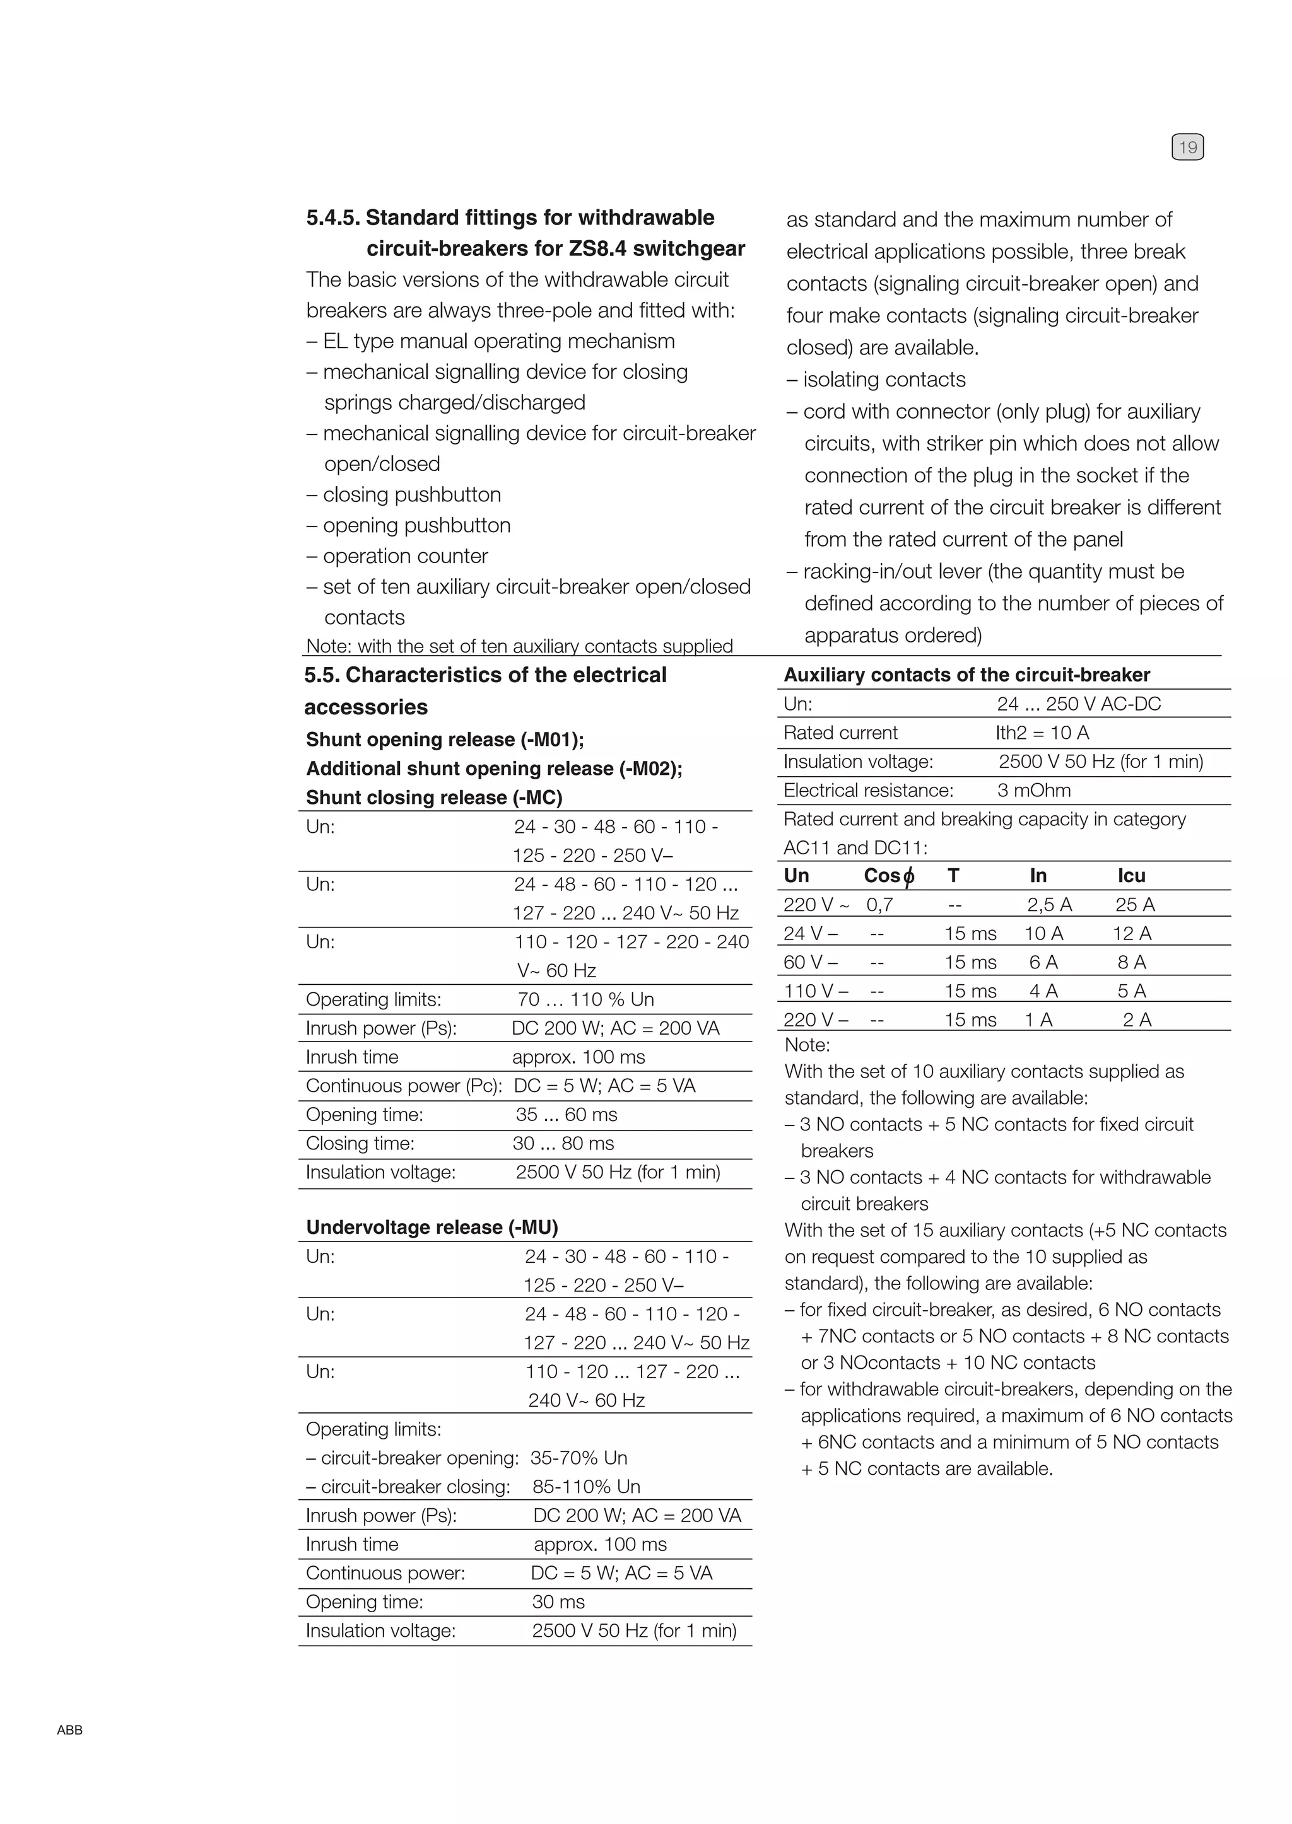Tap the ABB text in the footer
pos(69,1730)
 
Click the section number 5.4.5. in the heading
pos(333,218)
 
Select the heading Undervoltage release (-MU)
pos(432,1227)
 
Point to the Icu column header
pos(1130,875)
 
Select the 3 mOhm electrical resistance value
pos(1033,791)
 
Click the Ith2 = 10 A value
pos(1042,733)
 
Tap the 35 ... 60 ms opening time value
pos(566,1115)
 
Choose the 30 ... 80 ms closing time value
pos(563,1143)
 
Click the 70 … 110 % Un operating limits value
pos(585,999)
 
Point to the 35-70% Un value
pos(578,1458)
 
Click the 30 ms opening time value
pos(558,1601)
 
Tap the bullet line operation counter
pos(397,556)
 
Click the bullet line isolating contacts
pos(876,380)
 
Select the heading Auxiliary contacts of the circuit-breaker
pos(966,675)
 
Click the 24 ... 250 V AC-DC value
pos(1078,704)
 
